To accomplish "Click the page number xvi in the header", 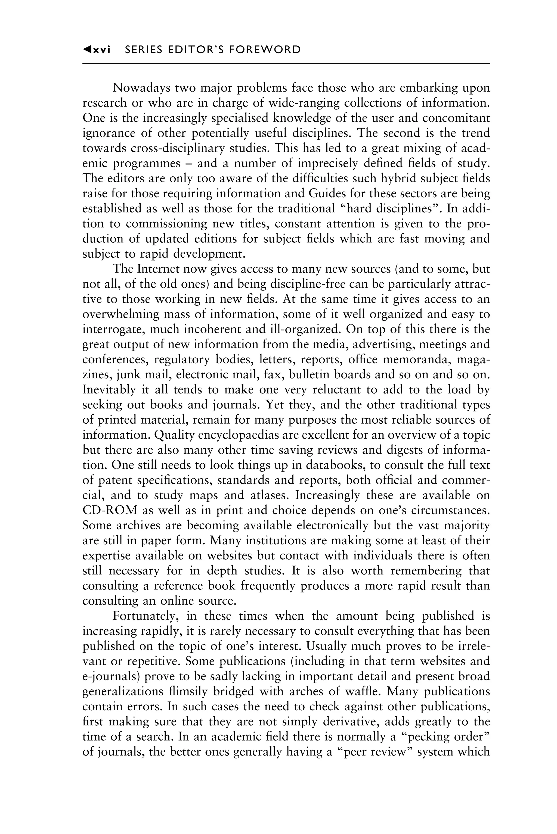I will pos(101,50).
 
